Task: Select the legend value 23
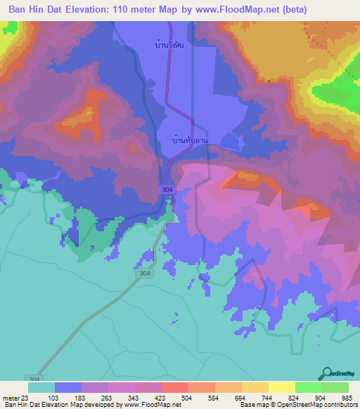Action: [x=26, y=397]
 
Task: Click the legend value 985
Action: [x=347, y=397]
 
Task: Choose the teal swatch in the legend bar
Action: [x=41, y=387]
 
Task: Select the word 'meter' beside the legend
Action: [x=11, y=397]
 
